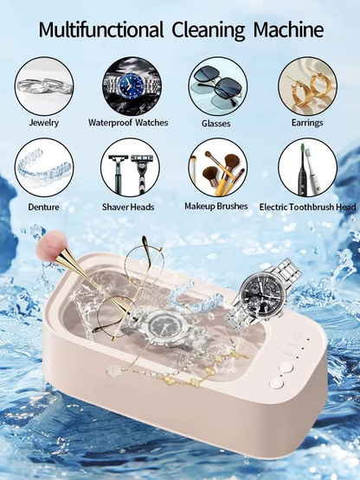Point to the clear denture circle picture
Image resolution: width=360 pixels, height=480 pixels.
point(43,168)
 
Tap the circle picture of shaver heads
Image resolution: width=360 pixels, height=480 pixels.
point(131,168)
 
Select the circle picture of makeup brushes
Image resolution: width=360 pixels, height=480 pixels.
point(217,168)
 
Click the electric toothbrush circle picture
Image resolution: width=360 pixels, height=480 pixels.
point(307,168)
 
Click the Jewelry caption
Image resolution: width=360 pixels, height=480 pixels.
point(43,124)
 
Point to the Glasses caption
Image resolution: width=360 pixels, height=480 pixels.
point(216,124)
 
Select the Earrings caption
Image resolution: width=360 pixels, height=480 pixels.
point(307,124)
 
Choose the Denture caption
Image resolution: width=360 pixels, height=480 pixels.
point(43,208)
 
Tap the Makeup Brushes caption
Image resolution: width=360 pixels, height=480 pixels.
point(216,207)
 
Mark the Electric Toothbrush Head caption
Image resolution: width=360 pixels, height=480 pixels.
point(308,208)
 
